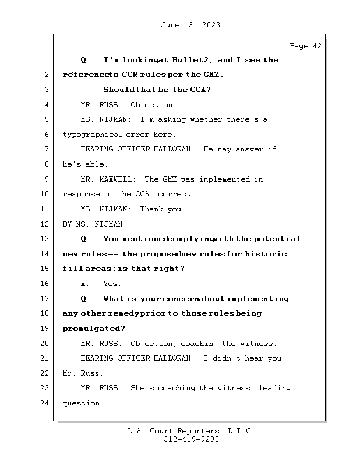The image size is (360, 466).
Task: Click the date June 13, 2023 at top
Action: click(x=190, y=25)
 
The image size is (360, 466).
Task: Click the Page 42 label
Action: click(x=305, y=46)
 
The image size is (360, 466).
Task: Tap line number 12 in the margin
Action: click(x=46, y=224)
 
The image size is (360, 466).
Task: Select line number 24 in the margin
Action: click(x=46, y=403)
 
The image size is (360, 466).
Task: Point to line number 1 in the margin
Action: click(x=46, y=60)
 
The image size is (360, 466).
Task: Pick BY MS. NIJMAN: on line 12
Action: click(x=94, y=224)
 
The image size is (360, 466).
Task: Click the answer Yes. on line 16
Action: click(x=112, y=284)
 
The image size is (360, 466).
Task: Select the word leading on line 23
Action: click(x=274, y=388)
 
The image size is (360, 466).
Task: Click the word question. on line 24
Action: click(x=83, y=403)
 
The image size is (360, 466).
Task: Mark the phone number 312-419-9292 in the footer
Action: click(x=191, y=440)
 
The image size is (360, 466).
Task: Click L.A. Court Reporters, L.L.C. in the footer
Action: click(x=191, y=431)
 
